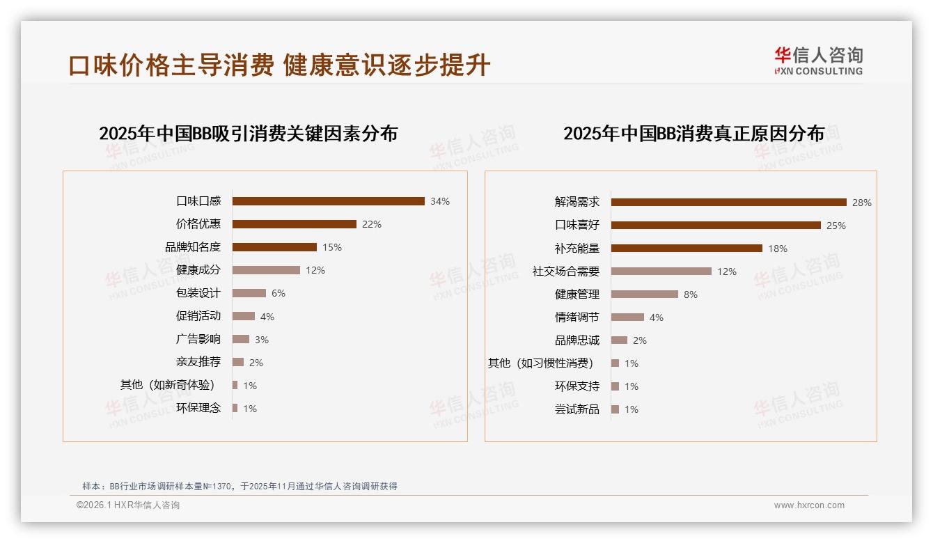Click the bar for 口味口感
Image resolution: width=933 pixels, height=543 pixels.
coord(328,201)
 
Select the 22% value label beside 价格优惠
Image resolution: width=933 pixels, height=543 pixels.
coord(372,224)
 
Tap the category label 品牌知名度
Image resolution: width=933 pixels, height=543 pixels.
coord(193,247)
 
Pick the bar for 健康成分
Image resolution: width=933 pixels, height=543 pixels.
coord(266,270)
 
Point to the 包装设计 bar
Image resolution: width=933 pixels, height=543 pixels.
coord(249,293)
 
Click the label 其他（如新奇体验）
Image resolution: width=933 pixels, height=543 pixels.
coord(168,385)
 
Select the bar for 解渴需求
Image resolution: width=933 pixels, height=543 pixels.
coord(728,203)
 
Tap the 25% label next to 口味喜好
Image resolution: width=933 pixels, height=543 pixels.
coord(836,226)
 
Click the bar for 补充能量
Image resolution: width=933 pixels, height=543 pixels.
coord(687,249)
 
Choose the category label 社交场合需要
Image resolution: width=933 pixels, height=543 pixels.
coord(566,271)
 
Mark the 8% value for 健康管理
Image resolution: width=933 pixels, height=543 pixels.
coord(691,294)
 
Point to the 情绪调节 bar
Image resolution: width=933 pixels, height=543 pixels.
coord(627,317)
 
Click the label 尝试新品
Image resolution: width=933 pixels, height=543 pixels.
coord(577,409)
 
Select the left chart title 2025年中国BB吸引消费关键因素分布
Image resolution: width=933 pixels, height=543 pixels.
coord(248,134)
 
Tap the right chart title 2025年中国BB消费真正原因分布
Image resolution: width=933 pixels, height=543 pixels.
coord(693,134)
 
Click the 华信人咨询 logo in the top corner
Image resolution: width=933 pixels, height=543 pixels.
coord(818,61)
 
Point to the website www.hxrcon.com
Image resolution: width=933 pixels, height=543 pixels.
coord(809,505)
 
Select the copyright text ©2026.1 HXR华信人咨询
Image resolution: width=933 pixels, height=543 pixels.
coord(128,505)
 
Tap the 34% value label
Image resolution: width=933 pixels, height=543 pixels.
coord(440,201)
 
